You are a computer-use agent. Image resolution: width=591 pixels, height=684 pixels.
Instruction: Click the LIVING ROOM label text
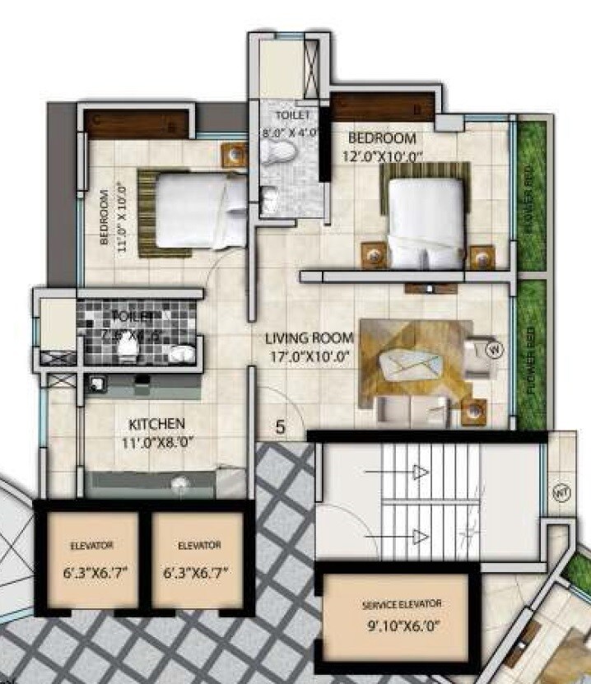coord(309,337)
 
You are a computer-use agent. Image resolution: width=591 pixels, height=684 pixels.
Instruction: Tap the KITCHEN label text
coord(156,424)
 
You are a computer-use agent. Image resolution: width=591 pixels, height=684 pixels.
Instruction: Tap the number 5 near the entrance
coord(281,427)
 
